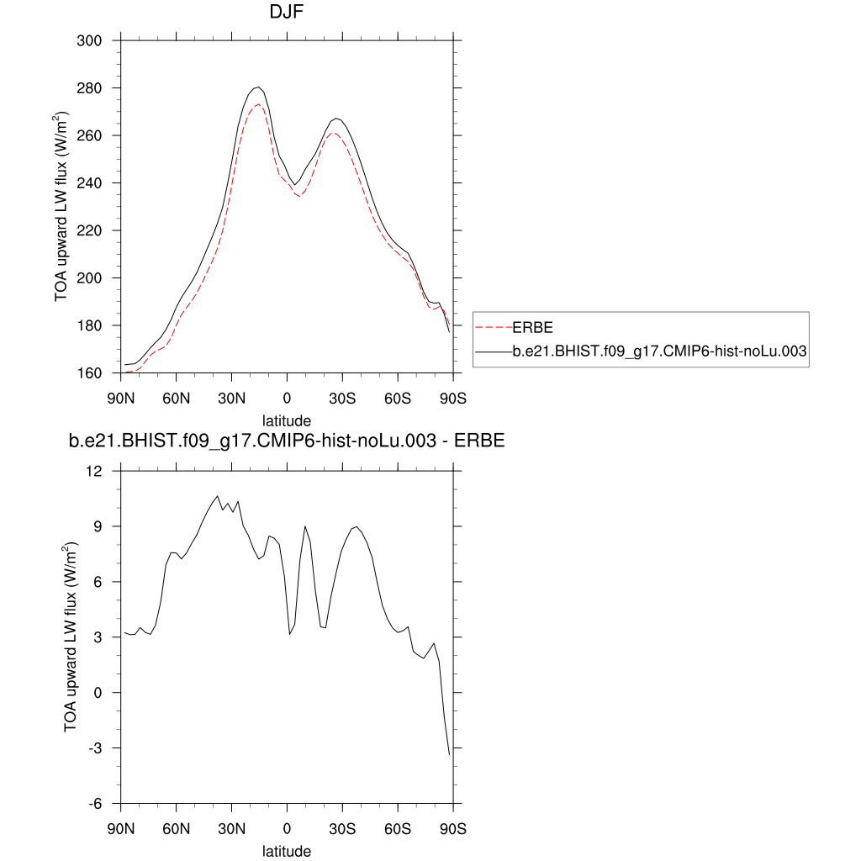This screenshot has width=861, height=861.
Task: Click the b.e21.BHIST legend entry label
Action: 660,354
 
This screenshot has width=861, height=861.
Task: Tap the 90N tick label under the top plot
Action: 121,397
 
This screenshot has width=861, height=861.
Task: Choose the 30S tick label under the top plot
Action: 342,397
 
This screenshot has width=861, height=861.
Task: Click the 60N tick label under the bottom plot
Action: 177,828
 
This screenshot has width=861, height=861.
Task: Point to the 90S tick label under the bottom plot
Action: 453,828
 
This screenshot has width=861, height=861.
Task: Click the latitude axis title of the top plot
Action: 287,420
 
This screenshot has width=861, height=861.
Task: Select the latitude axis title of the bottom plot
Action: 287,851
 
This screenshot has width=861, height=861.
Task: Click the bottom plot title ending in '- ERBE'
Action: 287,441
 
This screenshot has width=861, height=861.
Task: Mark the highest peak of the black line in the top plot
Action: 258,87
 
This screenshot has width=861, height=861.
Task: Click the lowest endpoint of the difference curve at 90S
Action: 450,754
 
